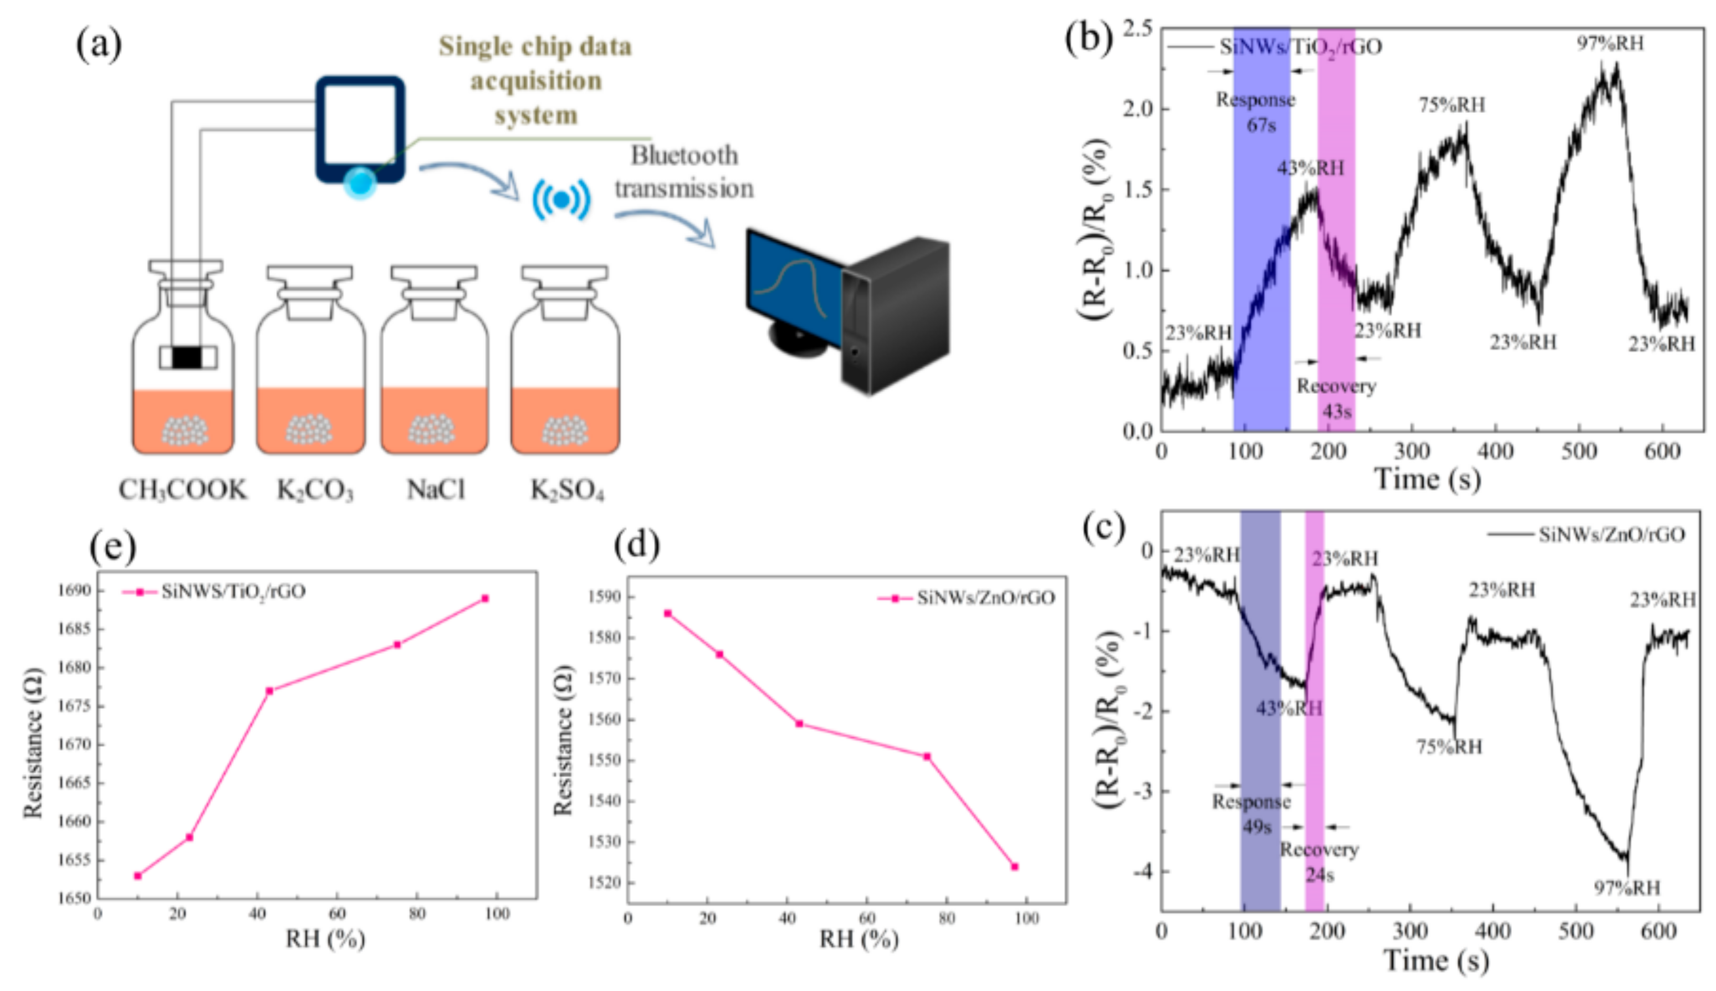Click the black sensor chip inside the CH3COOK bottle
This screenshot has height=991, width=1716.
coord(187,357)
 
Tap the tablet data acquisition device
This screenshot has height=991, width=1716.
coord(360,129)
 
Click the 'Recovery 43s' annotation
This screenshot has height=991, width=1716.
coord(1336,399)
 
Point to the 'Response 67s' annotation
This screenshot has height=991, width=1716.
coord(1257,112)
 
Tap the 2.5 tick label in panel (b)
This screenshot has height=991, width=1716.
coord(1137,29)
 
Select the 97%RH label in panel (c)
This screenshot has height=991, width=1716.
coord(1627,887)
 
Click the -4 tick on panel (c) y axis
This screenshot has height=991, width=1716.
coord(1143,871)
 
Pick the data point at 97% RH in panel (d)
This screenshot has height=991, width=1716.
coord(1015,866)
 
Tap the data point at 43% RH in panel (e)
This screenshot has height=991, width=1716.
coord(270,691)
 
